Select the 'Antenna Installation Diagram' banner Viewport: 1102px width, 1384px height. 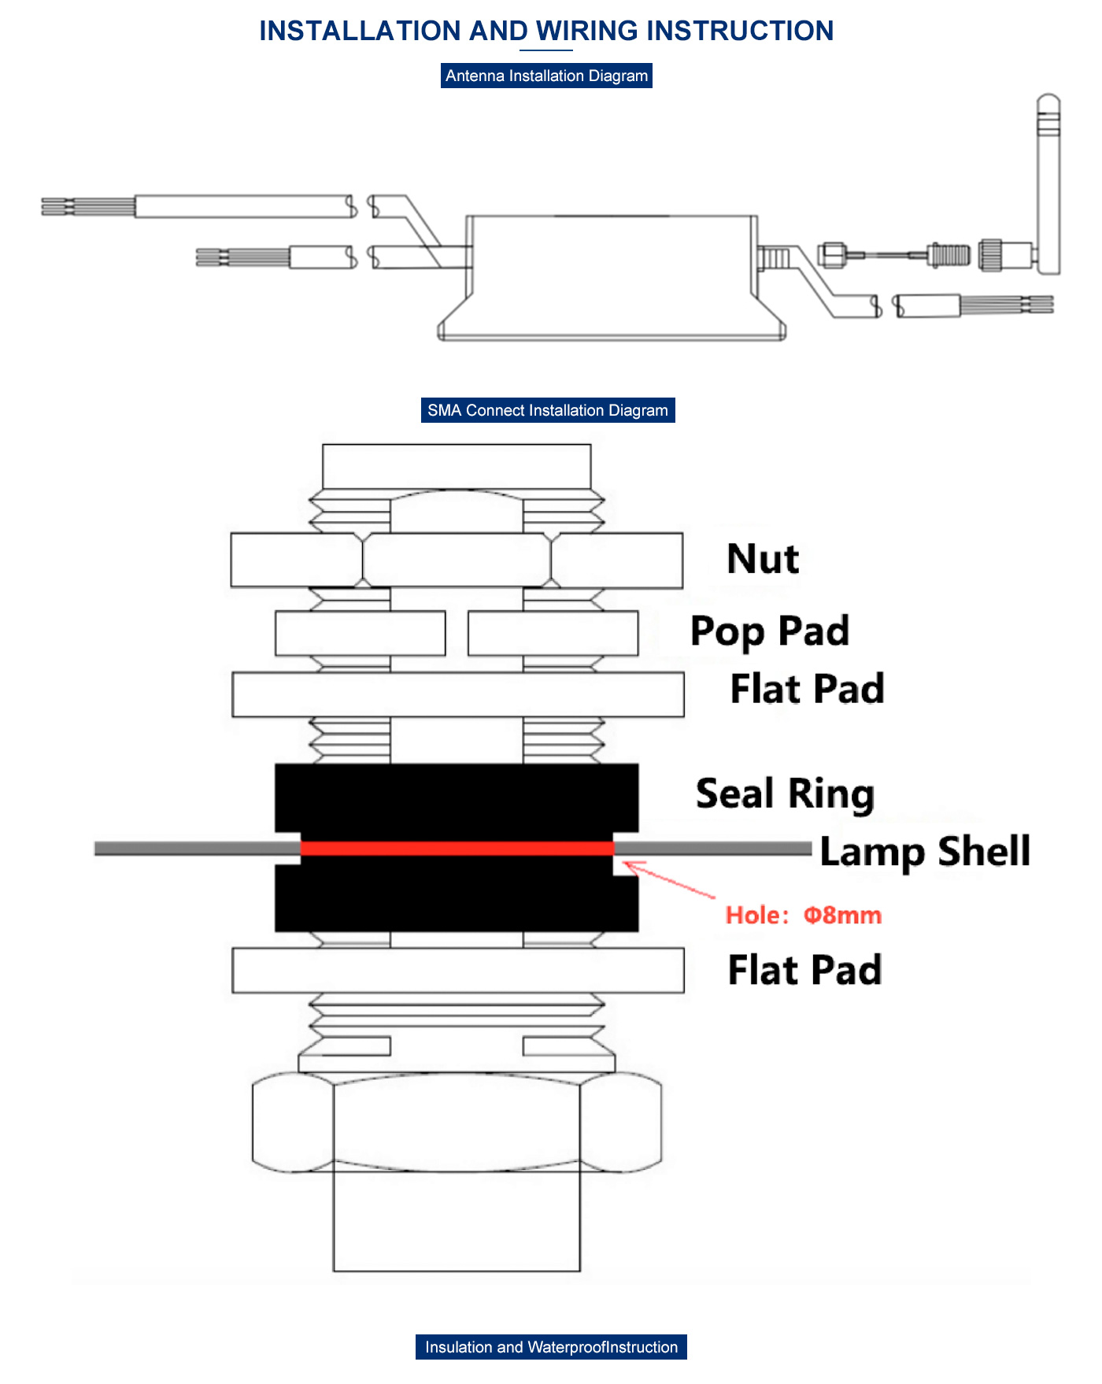546,76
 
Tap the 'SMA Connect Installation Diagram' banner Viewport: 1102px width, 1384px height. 548,410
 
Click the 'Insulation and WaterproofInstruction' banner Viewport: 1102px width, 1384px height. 551,1347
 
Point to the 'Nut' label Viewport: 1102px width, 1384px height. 762,559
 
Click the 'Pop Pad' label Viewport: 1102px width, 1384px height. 769,631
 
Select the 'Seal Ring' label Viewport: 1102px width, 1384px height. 785,794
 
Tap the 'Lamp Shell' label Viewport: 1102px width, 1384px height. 924,852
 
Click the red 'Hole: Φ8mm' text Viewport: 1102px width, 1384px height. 803,916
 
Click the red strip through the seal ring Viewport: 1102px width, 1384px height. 457,848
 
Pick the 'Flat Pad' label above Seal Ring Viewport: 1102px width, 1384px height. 807,689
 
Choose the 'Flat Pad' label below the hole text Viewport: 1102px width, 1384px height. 804,970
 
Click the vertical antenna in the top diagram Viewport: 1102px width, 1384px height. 1048,185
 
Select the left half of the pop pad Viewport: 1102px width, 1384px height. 360,633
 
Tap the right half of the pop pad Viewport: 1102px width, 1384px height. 553,633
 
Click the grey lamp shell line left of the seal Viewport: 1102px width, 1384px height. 197,848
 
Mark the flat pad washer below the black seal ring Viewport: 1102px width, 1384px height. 457,970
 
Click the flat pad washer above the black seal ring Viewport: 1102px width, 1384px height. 457,694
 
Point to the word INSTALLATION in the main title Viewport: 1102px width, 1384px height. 360,31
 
